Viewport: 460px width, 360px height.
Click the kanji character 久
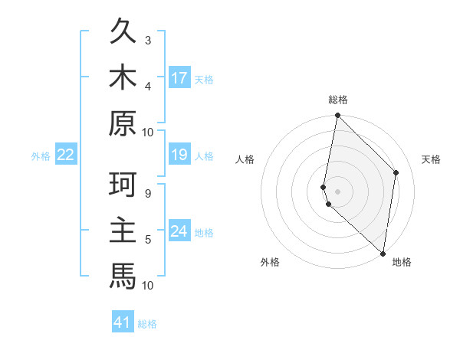click(x=123, y=33)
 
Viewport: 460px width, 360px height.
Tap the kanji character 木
click(x=123, y=77)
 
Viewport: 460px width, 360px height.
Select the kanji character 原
click(x=123, y=122)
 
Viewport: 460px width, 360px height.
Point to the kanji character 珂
click(x=123, y=185)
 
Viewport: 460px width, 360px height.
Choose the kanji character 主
click(x=123, y=230)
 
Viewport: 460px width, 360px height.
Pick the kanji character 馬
click(x=123, y=274)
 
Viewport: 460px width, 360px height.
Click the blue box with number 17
click(x=179, y=78)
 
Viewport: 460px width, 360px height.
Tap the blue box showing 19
click(x=179, y=155)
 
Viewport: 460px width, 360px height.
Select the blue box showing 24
click(x=179, y=232)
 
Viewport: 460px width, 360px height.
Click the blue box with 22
click(x=66, y=155)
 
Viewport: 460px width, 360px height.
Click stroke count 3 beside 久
click(x=148, y=41)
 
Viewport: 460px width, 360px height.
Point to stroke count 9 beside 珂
click(x=148, y=193)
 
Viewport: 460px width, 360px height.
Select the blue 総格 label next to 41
click(x=147, y=324)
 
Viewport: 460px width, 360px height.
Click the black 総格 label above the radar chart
click(x=338, y=100)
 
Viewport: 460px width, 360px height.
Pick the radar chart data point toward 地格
click(x=383, y=254)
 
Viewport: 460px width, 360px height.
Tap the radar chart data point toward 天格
click(x=396, y=172)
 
